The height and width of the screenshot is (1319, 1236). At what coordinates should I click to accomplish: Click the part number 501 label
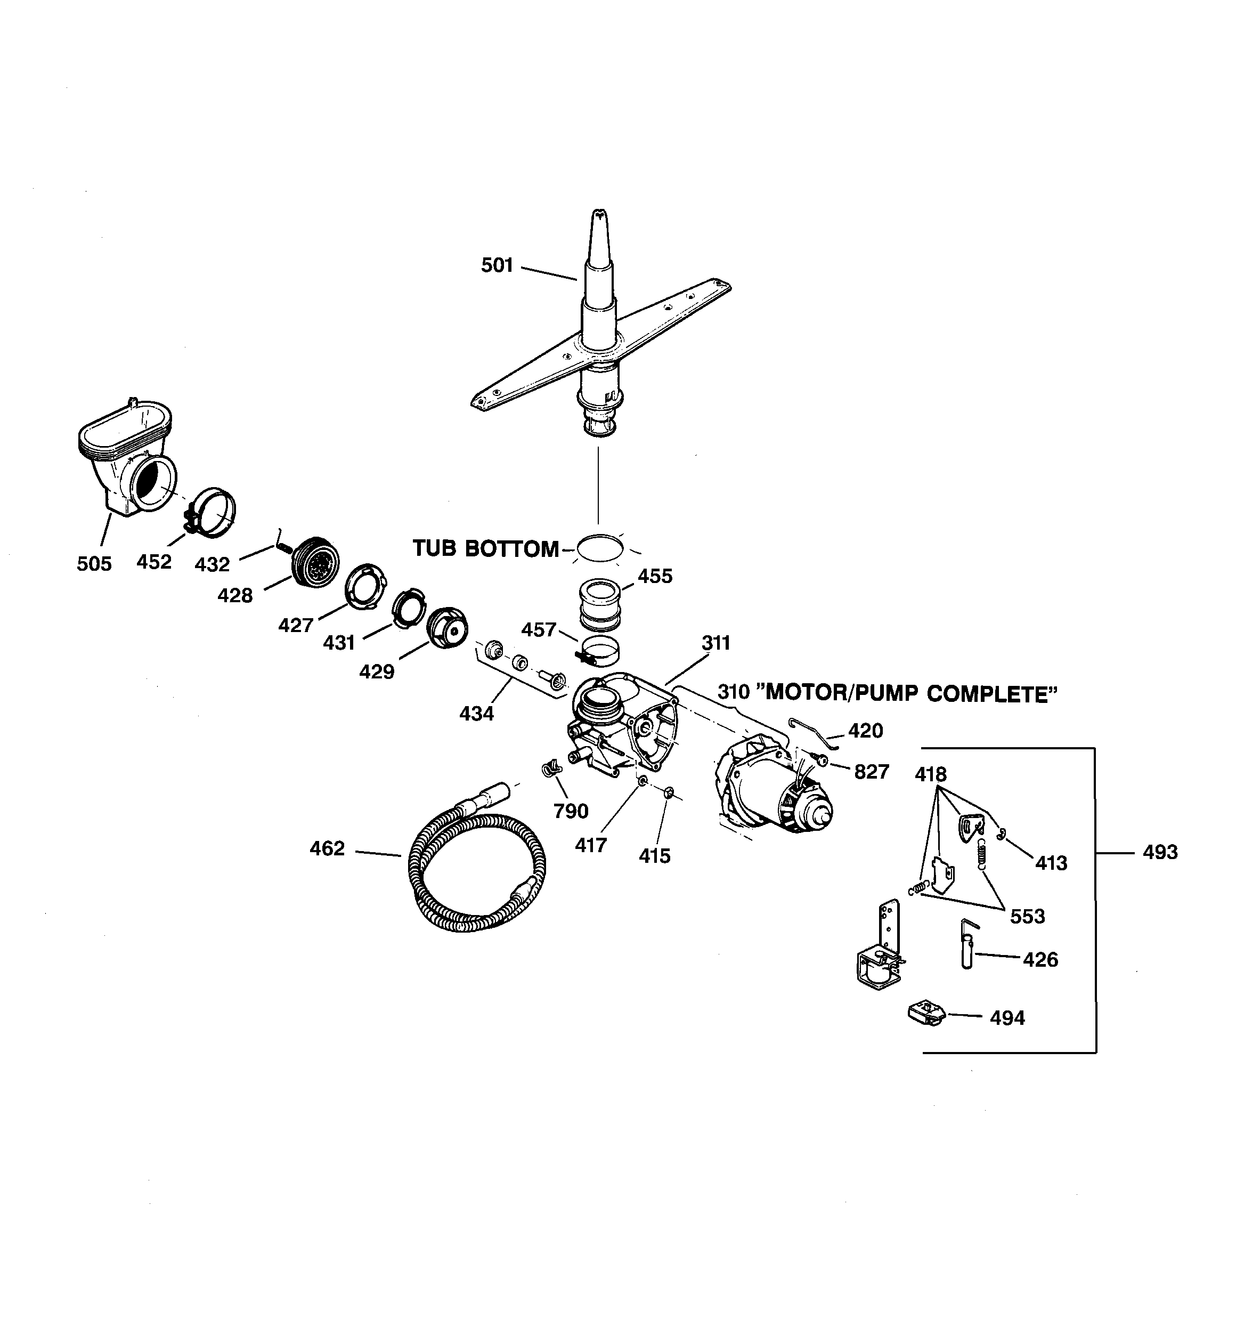pos(497,265)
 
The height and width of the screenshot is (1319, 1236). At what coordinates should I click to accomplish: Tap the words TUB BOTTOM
pos(486,549)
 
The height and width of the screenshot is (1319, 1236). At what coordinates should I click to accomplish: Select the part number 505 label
pos(94,563)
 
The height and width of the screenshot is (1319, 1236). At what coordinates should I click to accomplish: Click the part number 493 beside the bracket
pos(1160,852)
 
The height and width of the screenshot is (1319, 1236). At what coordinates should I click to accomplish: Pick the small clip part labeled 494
pos(925,1014)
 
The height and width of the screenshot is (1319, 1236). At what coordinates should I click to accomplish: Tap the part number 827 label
pos(871,772)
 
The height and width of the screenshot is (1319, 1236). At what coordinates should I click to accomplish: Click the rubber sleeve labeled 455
pos(600,604)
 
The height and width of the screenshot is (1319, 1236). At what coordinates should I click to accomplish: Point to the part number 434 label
pos(476,714)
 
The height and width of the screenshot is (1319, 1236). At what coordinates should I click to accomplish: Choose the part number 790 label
pos(571,811)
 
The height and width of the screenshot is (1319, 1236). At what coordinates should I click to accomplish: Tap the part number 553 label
pos(1027,916)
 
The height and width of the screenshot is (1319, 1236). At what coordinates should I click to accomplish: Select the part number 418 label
pos(931,774)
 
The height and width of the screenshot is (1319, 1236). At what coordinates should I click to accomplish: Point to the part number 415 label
pos(654,856)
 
